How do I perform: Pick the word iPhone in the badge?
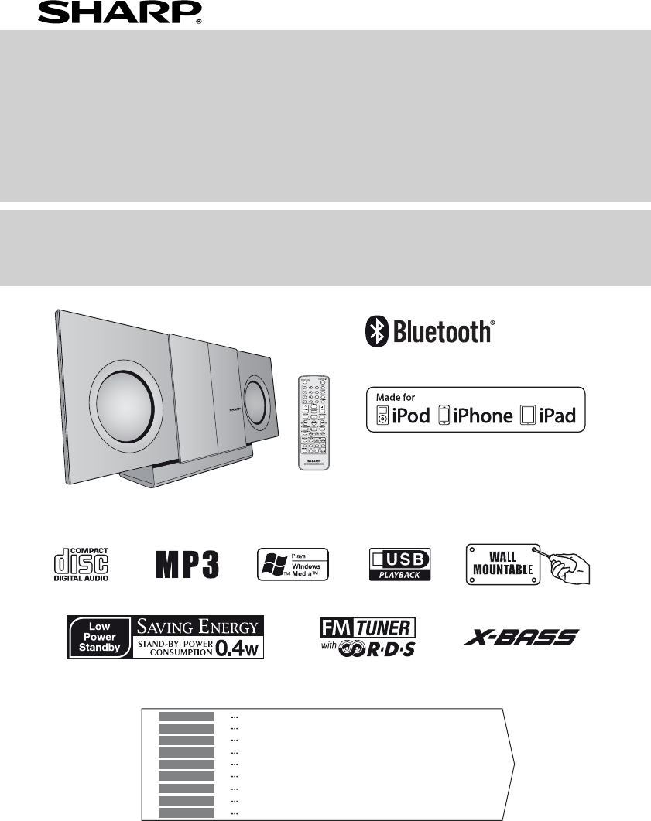(483, 416)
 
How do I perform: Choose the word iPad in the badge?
(557, 416)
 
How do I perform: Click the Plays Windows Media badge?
(293, 564)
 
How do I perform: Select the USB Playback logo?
(399, 564)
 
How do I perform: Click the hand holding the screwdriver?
(571, 569)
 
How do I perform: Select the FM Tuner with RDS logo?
(367, 636)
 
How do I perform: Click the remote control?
(314, 421)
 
